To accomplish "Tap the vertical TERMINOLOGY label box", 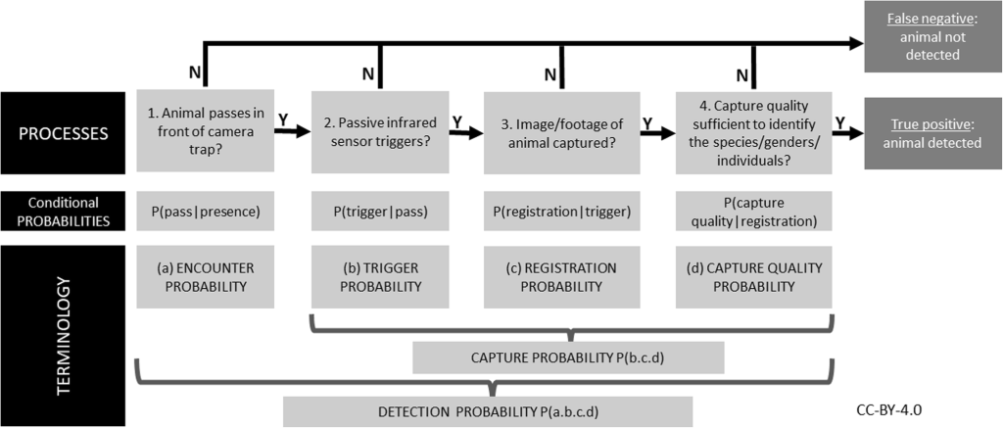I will tap(63, 335).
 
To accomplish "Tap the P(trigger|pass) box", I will tap(379, 212).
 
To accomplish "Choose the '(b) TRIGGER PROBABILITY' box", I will tap(379, 276).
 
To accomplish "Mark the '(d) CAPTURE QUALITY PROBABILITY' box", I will tap(754, 276).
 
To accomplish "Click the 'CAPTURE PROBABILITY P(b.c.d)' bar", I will tap(568, 357).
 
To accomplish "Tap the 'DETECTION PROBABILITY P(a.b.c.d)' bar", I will tap(488, 411).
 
